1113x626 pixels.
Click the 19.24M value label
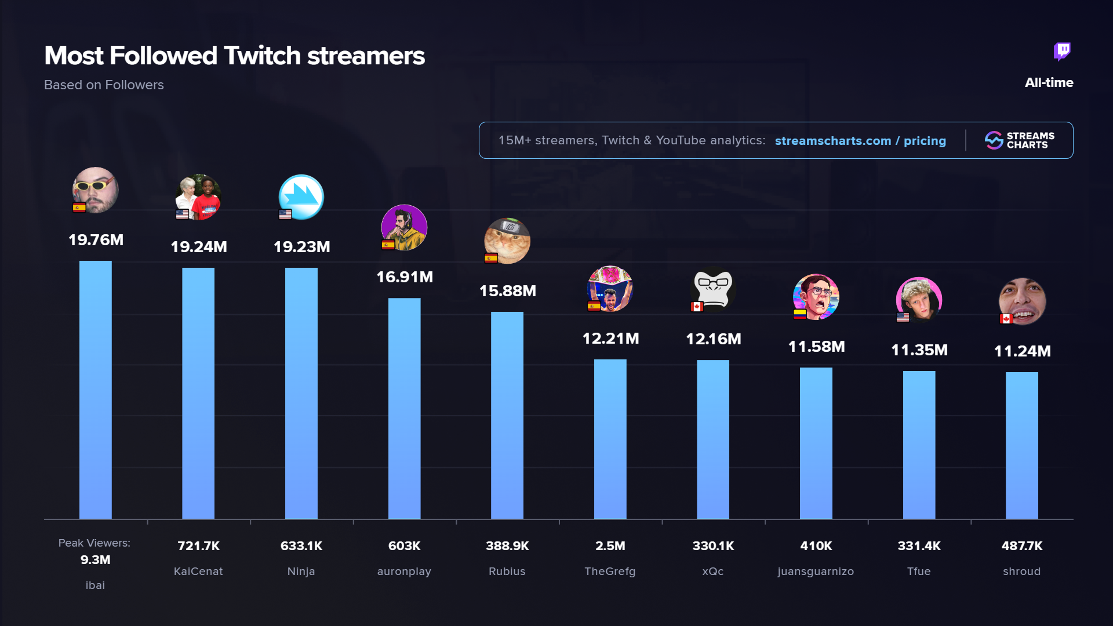pyautogui.click(x=199, y=247)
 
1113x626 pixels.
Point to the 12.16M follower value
pyautogui.click(x=713, y=339)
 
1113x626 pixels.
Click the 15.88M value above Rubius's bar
pyautogui.click(x=507, y=291)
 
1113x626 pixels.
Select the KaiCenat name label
pyautogui.click(x=198, y=572)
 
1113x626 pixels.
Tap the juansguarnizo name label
pyautogui.click(x=816, y=572)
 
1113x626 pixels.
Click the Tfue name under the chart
pyautogui.click(x=919, y=572)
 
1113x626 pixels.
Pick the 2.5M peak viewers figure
pyautogui.click(x=610, y=546)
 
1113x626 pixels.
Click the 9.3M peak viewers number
pyautogui.click(x=96, y=560)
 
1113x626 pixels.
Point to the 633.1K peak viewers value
pyautogui.click(x=301, y=546)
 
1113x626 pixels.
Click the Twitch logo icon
pyautogui.click(x=1062, y=52)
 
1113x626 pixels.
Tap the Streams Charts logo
pyautogui.click(x=1019, y=140)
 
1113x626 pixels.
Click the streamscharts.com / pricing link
pyautogui.click(x=860, y=141)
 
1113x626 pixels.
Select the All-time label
pyautogui.click(x=1049, y=83)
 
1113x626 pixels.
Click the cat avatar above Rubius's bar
pyautogui.click(x=508, y=241)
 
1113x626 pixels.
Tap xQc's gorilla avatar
pyautogui.click(x=714, y=289)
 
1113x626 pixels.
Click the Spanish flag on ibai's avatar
pyautogui.click(x=79, y=208)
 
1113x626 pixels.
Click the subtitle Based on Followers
pyautogui.click(x=104, y=85)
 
